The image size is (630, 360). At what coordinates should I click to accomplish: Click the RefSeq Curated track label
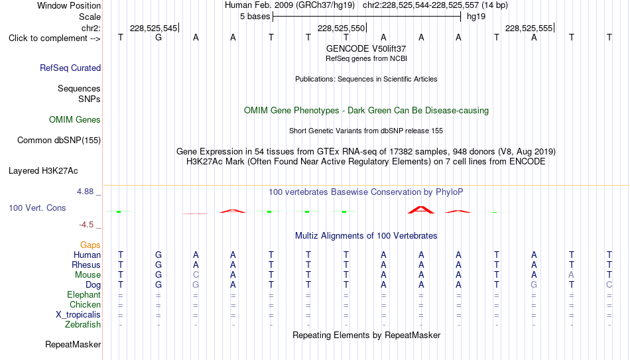(70, 68)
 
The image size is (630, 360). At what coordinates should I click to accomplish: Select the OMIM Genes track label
(75, 120)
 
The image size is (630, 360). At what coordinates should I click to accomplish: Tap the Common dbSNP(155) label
(59, 141)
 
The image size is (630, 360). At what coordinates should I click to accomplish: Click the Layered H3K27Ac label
(43, 171)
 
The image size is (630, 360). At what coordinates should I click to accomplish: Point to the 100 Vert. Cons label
(37, 208)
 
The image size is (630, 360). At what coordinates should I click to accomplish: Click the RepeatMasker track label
(73, 344)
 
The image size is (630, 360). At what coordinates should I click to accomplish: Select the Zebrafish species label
(83, 324)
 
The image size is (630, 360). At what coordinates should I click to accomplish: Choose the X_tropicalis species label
(78, 315)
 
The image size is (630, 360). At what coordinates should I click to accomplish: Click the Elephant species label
(84, 294)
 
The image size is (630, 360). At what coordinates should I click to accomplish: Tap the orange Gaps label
(90, 245)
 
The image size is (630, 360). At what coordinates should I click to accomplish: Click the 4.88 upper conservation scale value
(85, 192)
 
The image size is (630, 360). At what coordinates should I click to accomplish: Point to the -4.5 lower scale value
(86, 225)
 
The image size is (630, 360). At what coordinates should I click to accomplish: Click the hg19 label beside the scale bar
(476, 17)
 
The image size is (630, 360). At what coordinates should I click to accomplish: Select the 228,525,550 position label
(341, 28)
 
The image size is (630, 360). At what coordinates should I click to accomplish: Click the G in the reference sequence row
(158, 37)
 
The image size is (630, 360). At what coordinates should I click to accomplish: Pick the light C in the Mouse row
(196, 275)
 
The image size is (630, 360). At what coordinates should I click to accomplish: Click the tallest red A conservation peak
(420, 210)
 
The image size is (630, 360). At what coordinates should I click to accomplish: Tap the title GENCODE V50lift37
(366, 48)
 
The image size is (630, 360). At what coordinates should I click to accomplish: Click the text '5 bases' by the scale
(255, 17)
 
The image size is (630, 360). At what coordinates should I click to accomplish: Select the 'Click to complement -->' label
(54, 38)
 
